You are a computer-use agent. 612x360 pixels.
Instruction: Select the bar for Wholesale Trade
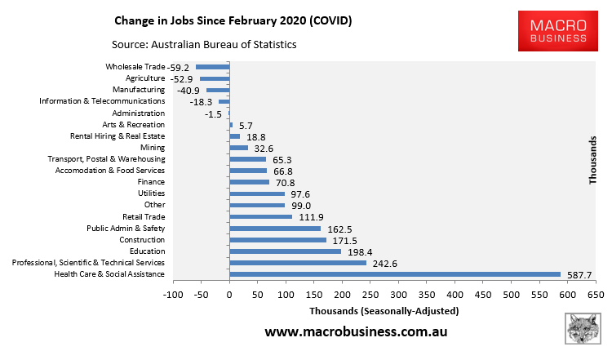213,67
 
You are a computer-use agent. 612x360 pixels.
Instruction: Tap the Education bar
286,251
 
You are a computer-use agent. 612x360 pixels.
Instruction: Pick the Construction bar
277,240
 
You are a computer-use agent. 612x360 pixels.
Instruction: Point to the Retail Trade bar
261,217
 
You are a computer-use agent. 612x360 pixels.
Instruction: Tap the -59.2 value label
179,68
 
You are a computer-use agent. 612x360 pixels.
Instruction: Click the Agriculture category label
145,78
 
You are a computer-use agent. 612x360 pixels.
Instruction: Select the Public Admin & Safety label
126,229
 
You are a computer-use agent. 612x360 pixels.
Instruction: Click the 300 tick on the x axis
398,294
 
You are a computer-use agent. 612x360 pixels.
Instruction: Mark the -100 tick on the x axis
172,294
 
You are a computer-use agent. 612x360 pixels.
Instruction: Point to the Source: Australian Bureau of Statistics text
204,44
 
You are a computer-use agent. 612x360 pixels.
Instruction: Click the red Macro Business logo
558,29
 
